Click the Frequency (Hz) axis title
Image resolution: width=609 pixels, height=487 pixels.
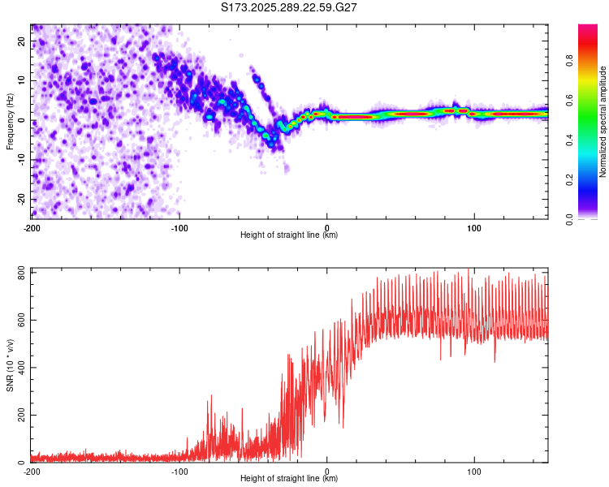(10, 121)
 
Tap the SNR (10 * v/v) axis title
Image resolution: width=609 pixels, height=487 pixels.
(10, 364)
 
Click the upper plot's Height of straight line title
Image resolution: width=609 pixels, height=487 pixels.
(290, 235)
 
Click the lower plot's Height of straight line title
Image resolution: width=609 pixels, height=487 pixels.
(290, 478)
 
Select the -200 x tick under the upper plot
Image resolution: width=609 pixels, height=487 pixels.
(32, 226)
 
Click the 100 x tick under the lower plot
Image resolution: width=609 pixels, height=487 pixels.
(474, 470)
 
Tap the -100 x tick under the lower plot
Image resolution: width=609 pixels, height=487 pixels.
(179, 470)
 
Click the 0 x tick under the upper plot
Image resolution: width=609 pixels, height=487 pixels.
(327, 226)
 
